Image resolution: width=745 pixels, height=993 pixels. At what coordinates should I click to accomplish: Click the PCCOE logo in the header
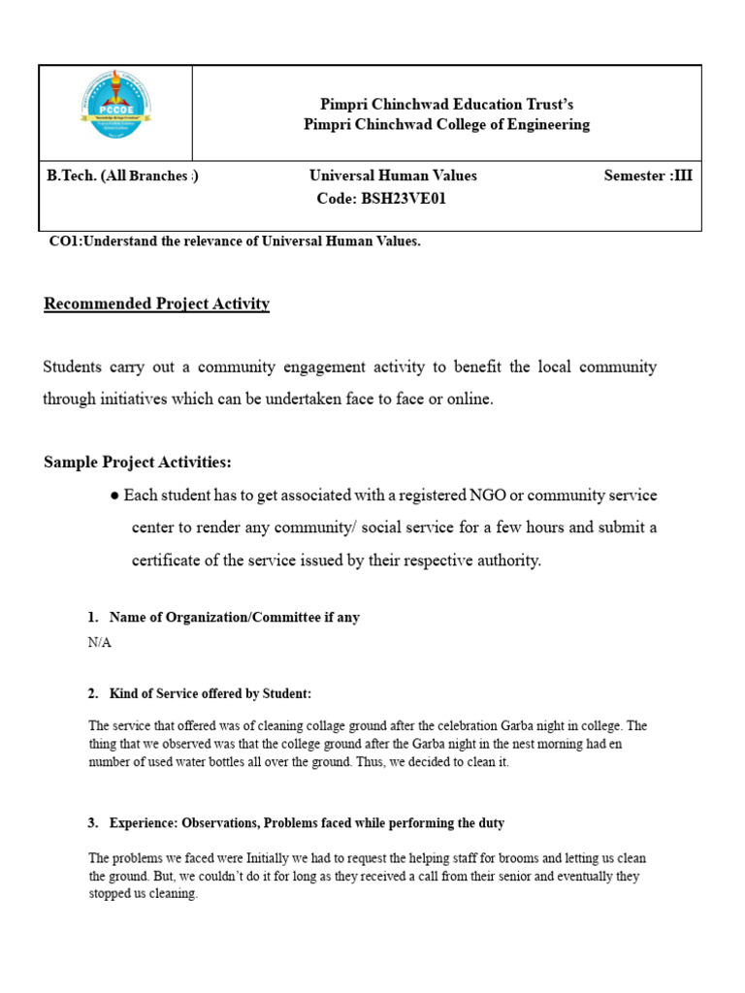coord(113,113)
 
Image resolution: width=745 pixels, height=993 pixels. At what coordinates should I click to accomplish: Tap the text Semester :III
coord(648,176)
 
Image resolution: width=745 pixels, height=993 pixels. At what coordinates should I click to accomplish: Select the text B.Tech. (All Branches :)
coord(122,176)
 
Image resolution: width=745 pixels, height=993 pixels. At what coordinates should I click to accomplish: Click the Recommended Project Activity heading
coord(156,304)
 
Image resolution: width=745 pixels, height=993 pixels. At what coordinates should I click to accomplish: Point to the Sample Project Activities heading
coord(138,461)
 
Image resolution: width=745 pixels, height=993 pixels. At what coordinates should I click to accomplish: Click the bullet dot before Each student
coord(114,496)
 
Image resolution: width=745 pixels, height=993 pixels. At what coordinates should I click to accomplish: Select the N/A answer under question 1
coord(99,643)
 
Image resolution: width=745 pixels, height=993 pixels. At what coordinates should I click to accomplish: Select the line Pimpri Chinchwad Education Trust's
coord(447,104)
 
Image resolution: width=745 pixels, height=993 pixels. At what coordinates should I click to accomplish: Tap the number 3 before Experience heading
coord(91,822)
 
